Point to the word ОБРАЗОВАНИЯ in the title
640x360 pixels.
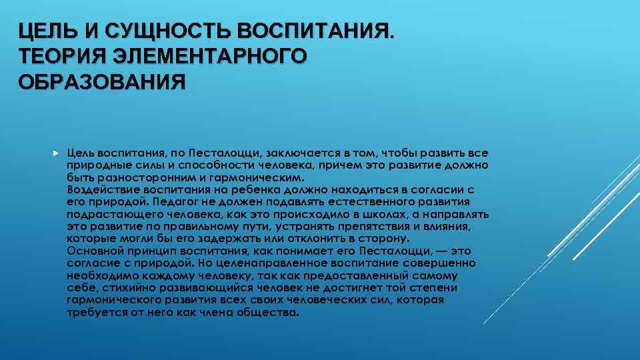101,82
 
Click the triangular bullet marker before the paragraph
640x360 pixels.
55,153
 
